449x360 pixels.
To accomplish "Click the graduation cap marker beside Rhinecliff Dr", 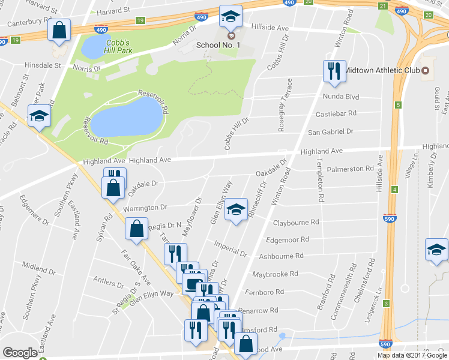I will coord(237,209).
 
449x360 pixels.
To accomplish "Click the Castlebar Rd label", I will coord(336,113).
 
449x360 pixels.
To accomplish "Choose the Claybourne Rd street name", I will coord(296,223).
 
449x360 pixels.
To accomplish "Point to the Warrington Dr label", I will coord(145,207).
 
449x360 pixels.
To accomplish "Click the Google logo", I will coord(20,353).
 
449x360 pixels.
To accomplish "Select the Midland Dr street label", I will coord(39,265).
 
